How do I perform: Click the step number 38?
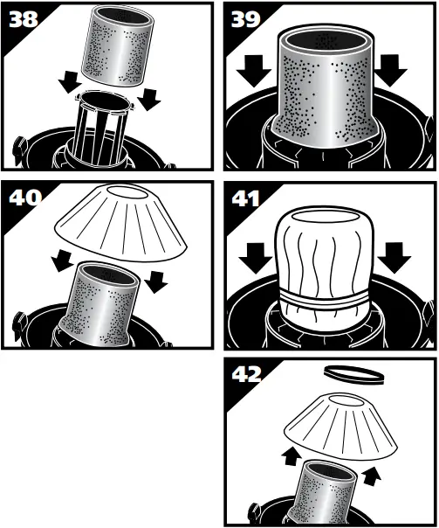(24, 19)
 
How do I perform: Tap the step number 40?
(24, 198)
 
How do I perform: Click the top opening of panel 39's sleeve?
(327, 39)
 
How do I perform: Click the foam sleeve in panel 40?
(104, 302)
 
